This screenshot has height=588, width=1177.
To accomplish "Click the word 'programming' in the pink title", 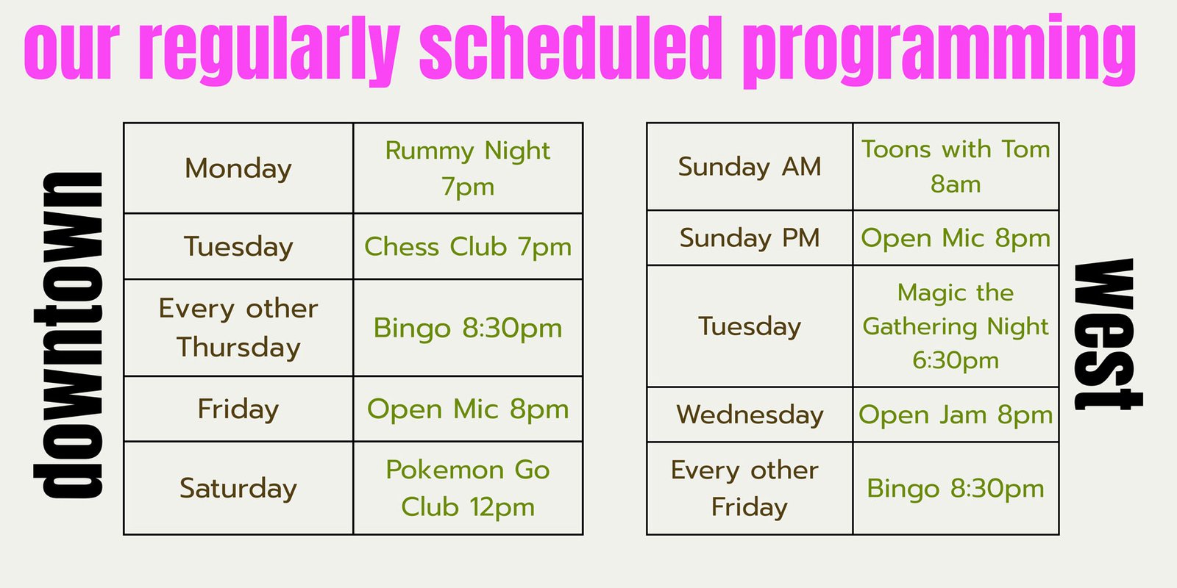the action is pyautogui.click(x=939, y=51).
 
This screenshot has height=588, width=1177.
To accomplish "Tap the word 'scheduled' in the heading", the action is pyautogui.click(x=571, y=47).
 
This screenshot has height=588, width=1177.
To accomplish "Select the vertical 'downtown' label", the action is pyautogui.click(x=68, y=335).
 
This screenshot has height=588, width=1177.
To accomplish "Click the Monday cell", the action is pyautogui.click(x=238, y=168).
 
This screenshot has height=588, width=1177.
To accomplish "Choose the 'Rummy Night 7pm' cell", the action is pyautogui.click(x=468, y=168).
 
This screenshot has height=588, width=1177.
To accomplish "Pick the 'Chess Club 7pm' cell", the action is pyautogui.click(x=468, y=246).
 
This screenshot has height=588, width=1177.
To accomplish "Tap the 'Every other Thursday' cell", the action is pyautogui.click(x=238, y=328).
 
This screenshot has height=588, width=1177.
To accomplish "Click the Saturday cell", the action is pyautogui.click(x=238, y=488).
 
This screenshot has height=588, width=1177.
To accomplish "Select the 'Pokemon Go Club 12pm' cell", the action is pyautogui.click(x=468, y=488).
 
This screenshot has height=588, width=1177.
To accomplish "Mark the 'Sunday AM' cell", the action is pyautogui.click(x=750, y=166).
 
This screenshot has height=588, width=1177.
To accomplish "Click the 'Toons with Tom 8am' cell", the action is pyautogui.click(x=956, y=166).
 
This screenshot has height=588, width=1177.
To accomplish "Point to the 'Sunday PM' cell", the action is pyautogui.click(x=750, y=238).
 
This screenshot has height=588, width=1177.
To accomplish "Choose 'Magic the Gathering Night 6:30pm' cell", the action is pyautogui.click(x=956, y=326).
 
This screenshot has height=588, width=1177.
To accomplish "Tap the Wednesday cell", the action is pyautogui.click(x=750, y=415).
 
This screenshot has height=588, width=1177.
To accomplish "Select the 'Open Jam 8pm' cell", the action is pyautogui.click(x=956, y=415).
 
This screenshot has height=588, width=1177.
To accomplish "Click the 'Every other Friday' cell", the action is pyautogui.click(x=750, y=488).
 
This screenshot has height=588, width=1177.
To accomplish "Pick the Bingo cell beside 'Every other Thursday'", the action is pyautogui.click(x=468, y=328).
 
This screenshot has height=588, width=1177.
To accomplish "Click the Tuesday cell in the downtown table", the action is pyautogui.click(x=238, y=246).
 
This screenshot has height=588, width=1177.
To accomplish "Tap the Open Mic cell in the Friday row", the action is pyautogui.click(x=468, y=409).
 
